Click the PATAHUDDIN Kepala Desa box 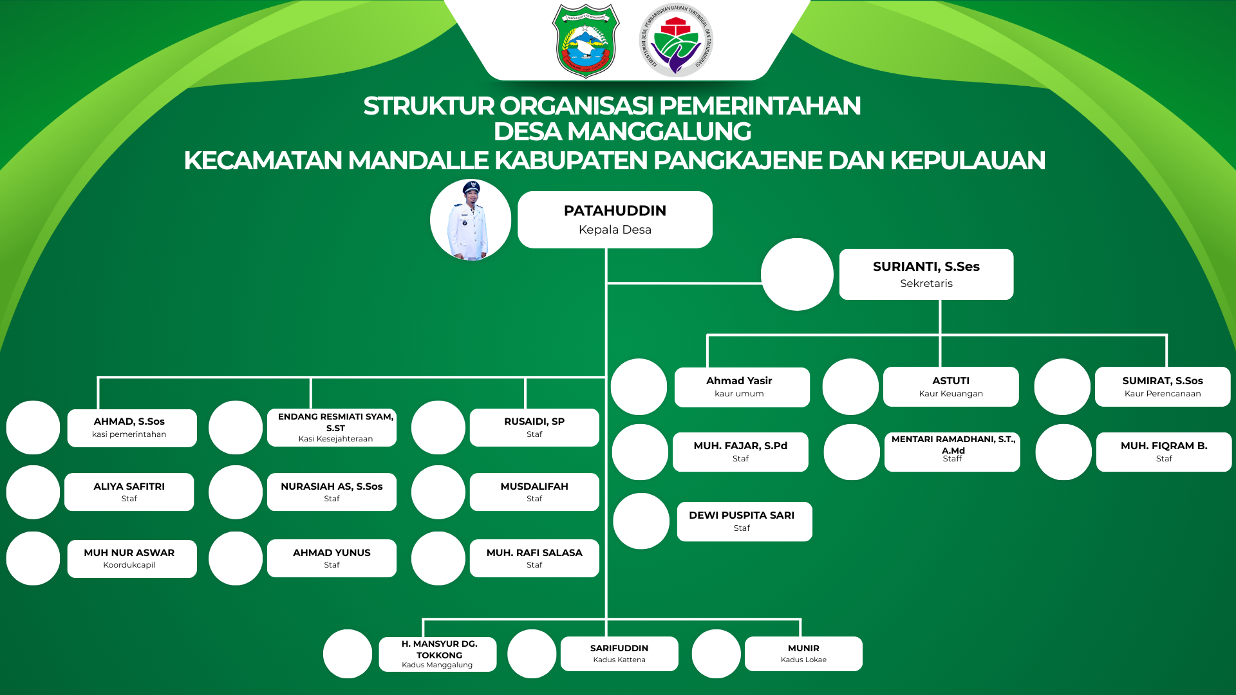point(615,219)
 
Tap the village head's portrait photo point(471,220)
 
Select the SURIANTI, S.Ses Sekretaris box point(926,274)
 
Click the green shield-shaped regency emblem point(585,41)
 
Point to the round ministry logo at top point(676,41)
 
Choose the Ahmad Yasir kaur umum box point(742,387)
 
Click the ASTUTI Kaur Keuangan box point(950,387)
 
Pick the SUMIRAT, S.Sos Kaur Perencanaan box point(1162,387)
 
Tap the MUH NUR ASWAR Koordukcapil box point(131,559)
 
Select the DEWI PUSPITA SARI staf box point(744,521)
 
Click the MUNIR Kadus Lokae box point(803,653)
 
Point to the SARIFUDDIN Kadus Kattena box point(619,653)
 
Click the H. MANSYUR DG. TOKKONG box point(437,654)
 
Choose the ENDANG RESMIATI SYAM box point(332,427)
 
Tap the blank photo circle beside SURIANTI point(797,275)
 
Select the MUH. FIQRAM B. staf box point(1163,452)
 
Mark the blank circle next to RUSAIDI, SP point(438,428)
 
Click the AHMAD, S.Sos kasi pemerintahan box point(131,428)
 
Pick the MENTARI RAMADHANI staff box point(951,452)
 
